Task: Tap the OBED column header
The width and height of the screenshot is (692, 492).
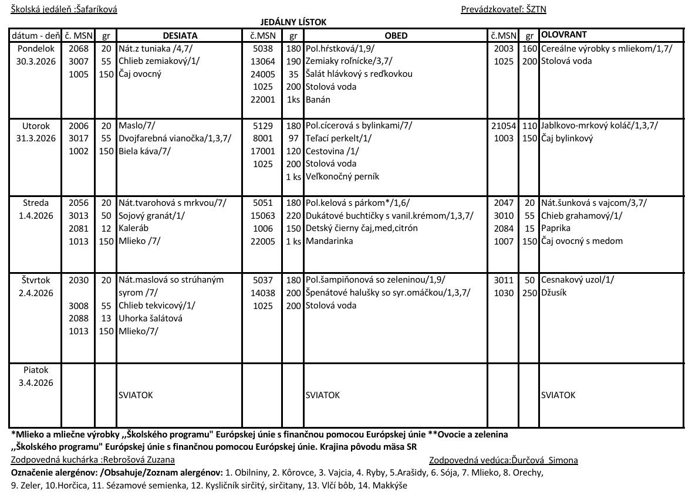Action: (x=396, y=35)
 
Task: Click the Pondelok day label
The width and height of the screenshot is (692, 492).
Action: (x=36, y=49)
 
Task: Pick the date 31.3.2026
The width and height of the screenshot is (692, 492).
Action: (x=36, y=138)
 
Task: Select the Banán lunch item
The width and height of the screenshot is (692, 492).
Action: (x=318, y=100)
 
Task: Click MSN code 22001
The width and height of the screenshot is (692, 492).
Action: (x=263, y=100)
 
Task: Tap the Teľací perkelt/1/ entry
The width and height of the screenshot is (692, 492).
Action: (x=338, y=138)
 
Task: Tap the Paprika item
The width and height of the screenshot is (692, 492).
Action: (x=555, y=228)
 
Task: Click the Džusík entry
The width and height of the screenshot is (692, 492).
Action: (x=554, y=293)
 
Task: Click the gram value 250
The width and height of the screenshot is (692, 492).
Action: (x=530, y=293)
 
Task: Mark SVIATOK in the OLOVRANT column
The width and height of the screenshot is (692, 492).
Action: (x=558, y=395)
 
